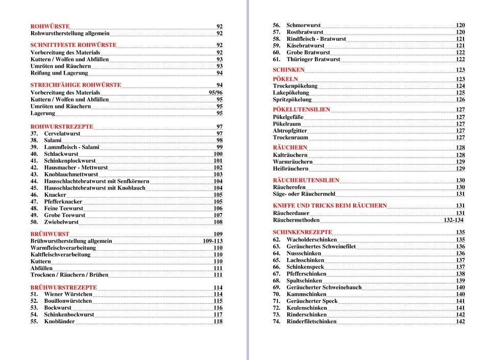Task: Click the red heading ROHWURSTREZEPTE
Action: pos(62,127)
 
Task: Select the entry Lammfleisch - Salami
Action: pos(71,147)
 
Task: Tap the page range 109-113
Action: pos(212,241)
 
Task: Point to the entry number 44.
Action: pos(34,181)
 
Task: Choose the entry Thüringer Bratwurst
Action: pos(313,59)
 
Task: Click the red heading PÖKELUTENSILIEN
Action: pos(301,110)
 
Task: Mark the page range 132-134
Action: pos(453,220)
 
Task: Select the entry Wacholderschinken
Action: pos(311,239)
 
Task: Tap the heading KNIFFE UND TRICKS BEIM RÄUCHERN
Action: pos(330,206)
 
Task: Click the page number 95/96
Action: pos(215,93)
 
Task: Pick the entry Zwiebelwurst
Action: pos(61,222)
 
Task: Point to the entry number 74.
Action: pos(277,322)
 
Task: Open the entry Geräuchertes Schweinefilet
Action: pos(321,247)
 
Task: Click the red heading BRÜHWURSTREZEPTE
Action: pos(64,287)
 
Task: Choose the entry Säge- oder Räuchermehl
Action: pos(304,194)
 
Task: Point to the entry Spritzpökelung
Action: pos(292,100)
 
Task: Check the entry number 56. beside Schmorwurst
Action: pos(277,25)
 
